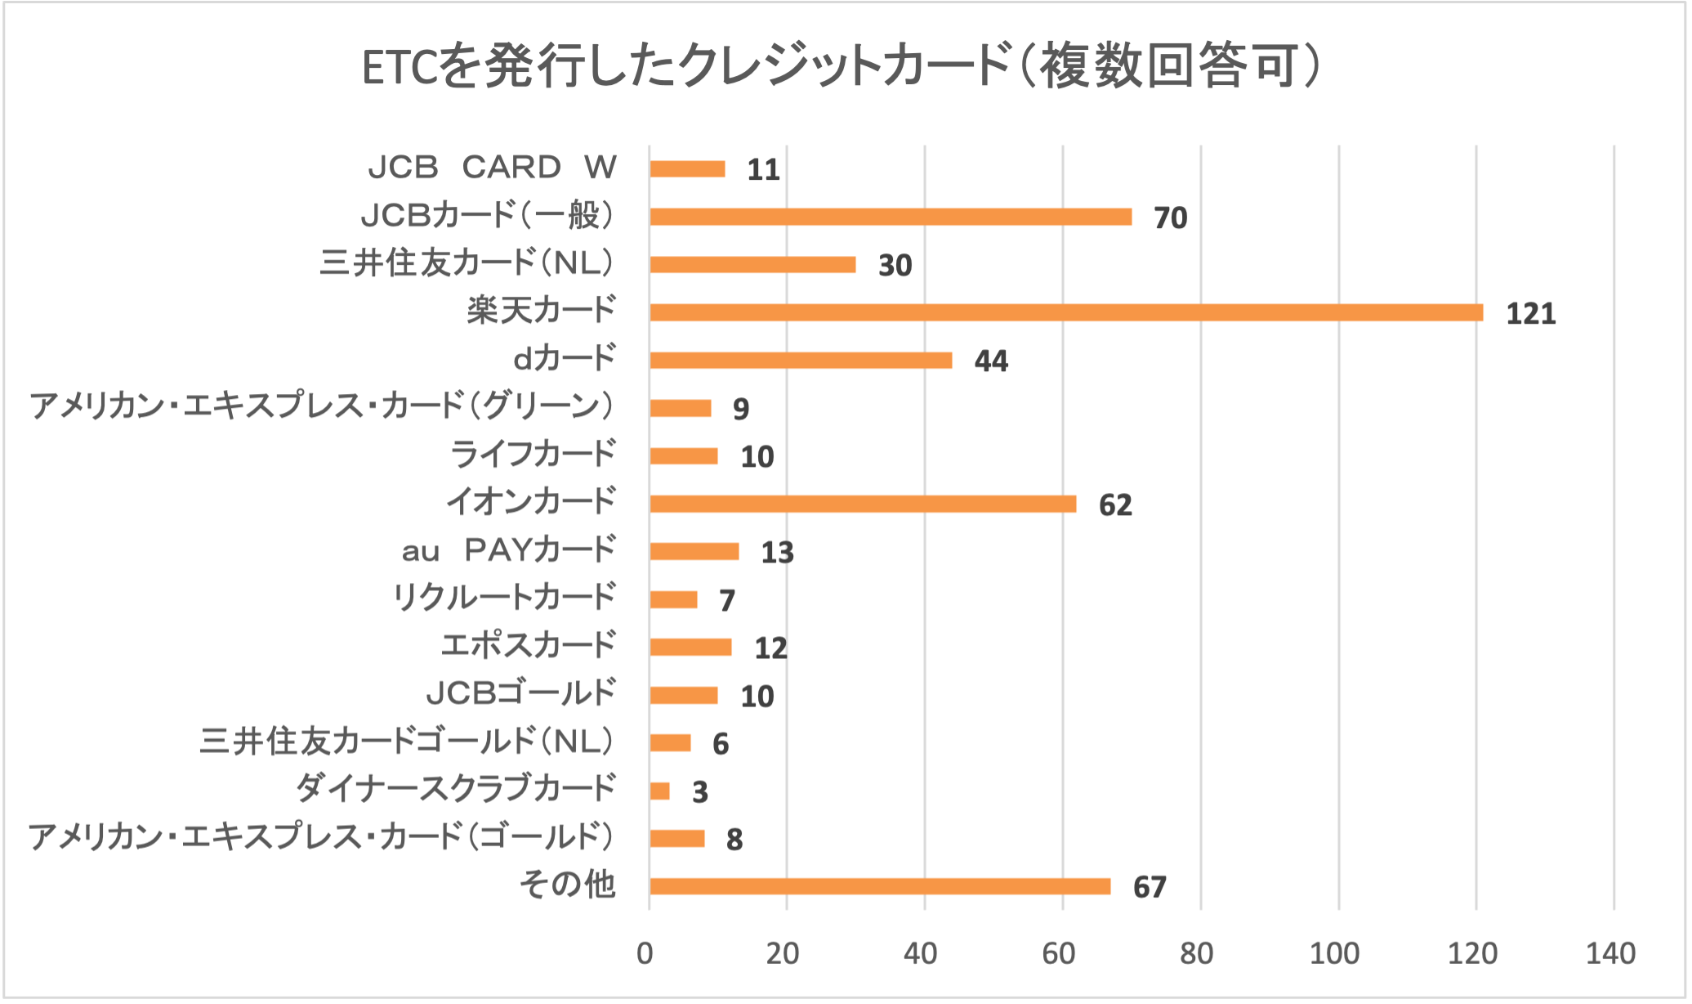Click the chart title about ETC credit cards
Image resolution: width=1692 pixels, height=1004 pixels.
pyautogui.click(x=842, y=67)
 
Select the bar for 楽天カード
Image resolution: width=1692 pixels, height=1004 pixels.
pyautogui.click(x=1066, y=312)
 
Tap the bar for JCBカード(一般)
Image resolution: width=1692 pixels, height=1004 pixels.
pyautogui.click(x=891, y=217)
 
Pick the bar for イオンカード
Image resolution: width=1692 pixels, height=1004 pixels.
pyautogui.click(x=863, y=504)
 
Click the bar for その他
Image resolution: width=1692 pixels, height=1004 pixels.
pyautogui.click(x=880, y=886)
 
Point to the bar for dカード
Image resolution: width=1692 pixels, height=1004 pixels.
pyautogui.click(x=801, y=361)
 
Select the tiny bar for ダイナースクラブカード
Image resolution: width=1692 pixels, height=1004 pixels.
pyautogui.click(x=659, y=791)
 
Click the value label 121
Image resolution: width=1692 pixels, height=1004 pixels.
pyautogui.click(x=1530, y=314)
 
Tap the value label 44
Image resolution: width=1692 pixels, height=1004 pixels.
pyautogui.click(x=991, y=361)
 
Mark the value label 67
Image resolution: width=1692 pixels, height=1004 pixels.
pyautogui.click(x=1150, y=888)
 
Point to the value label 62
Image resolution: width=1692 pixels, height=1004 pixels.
pyautogui.click(x=1115, y=505)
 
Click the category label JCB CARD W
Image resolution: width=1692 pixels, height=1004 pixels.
pyautogui.click(x=492, y=168)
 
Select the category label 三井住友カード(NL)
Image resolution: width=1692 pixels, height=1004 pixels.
pyautogui.click(x=466, y=264)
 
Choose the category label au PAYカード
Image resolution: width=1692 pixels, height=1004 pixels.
pyautogui.click(x=507, y=550)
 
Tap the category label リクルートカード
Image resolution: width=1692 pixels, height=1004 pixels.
pyautogui.click(x=503, y=598)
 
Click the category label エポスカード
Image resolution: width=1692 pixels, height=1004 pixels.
pyautogui.click(x=528, y=646)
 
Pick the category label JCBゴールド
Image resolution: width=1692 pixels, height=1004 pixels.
pyautogui.click(x=520, y=693)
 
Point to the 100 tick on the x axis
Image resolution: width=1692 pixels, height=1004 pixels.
pyautogui.click(x=1334, y=953)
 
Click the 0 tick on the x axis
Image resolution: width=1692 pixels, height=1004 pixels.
pyautogui.click(x=645, y=953)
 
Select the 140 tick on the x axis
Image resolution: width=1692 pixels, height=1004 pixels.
pyautogui.click(x=1610, y=953)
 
